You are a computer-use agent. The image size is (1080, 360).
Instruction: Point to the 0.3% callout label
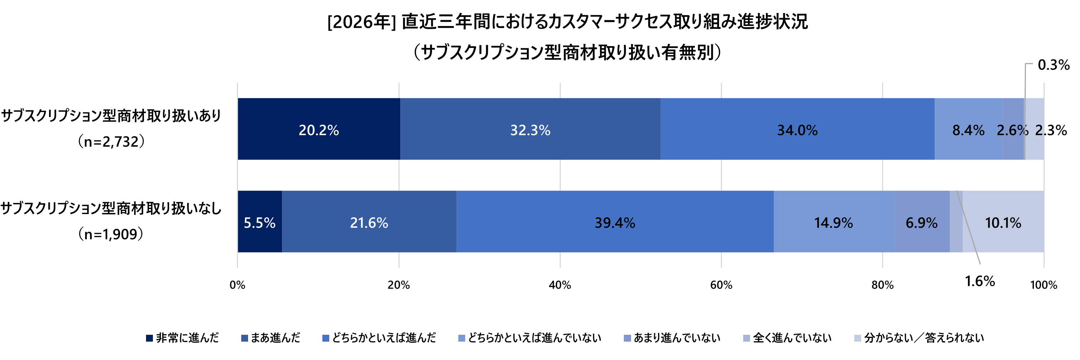(1053, 65)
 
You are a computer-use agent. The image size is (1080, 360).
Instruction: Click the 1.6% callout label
(980, 281)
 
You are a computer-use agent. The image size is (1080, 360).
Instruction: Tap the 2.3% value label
(1051, 130)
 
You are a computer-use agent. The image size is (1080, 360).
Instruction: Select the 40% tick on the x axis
(560, 285)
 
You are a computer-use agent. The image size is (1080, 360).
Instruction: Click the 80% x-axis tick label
(882, 285)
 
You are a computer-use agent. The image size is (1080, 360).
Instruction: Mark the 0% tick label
(237, 285)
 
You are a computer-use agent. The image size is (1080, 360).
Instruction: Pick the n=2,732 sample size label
(111, 142)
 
